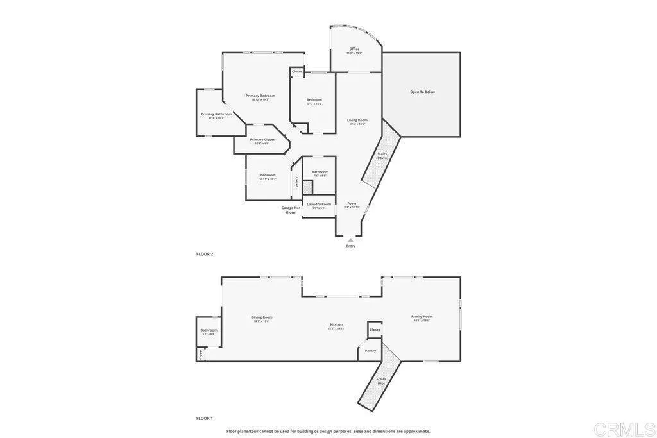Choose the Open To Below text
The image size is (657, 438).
[422, 92]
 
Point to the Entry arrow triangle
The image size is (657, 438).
[350, 240]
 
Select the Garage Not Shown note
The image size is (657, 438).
[291, 210]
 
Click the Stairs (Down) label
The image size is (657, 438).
[382, 155]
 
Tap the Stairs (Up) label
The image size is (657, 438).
[381, 380]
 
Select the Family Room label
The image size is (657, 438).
[422, 317]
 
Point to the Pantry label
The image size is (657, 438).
[370, 350]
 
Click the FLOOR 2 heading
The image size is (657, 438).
[205, 254]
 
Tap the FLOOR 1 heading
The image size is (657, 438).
[205, 418]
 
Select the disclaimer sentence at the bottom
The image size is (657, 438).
[328, 431]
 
